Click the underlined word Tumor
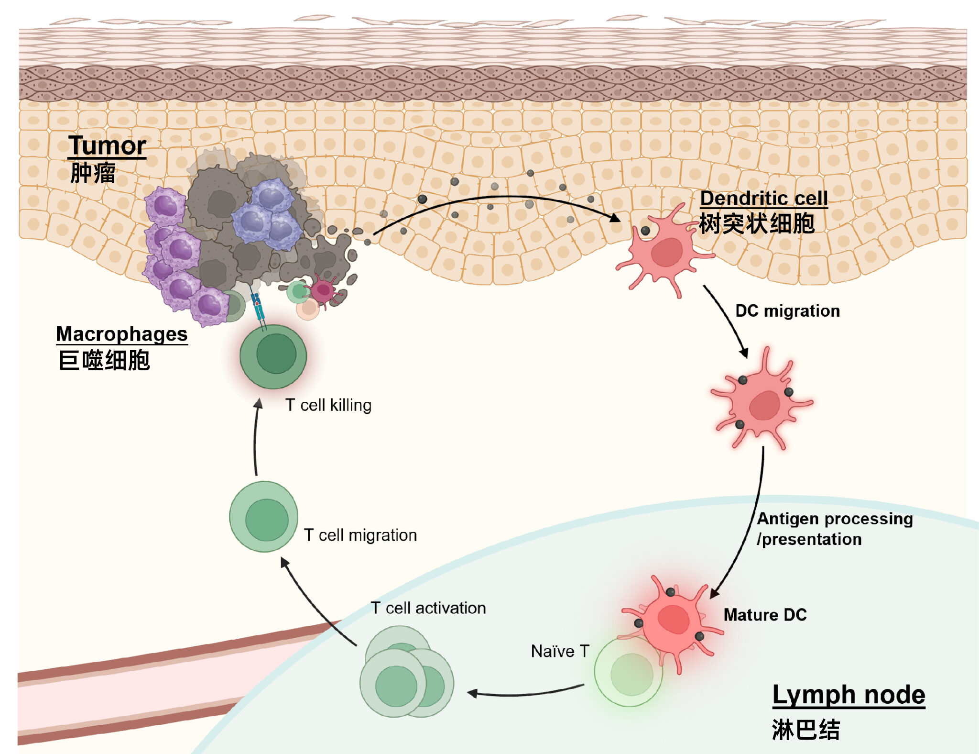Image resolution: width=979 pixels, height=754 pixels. (107, 145)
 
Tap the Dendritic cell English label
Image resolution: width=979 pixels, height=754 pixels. (763, 198)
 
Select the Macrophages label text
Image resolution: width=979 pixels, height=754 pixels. (121, 334)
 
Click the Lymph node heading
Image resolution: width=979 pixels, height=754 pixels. (848, 695)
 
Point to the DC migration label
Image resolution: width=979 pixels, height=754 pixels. (787, 311)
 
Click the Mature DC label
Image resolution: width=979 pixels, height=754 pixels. (765, 615)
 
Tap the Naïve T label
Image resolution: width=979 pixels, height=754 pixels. (560, 651)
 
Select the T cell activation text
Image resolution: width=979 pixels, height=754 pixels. (428, 608)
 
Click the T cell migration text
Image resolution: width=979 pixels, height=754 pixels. (360, 535)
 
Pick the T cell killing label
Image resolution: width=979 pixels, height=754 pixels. (328, 405)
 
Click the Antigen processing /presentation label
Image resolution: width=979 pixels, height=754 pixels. (834, 529)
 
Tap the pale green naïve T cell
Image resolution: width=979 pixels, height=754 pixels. (629, 673)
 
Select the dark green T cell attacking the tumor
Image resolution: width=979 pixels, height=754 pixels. (273, 356)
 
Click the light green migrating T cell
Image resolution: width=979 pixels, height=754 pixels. (264, 517)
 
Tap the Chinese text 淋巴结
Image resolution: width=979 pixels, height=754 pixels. (805, 730)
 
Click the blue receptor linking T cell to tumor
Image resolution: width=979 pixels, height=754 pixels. (258, 309)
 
